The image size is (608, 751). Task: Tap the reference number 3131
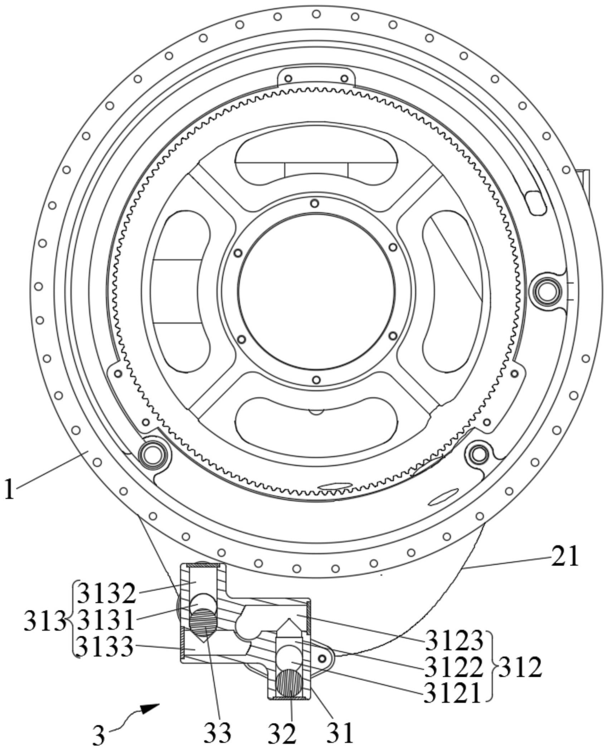107,621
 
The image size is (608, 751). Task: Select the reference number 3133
107,648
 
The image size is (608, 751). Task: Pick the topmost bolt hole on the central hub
315,203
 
